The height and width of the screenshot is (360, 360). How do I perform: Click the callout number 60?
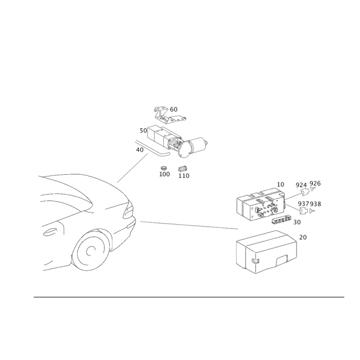click(x=174, y=109)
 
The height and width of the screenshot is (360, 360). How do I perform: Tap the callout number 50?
click(x=143, y=130)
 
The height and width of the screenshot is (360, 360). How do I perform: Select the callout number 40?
click(x=139, y=150)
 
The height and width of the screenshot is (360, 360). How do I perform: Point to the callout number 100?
click(x=164, y=174)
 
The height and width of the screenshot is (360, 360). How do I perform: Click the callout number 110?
click(x=184, y=176)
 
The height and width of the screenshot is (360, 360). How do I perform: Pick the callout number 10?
click(x=280, y=184)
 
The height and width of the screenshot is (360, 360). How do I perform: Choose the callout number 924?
click(x=301, y=185)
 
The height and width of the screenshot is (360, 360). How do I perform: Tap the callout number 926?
click(x=315, y=184)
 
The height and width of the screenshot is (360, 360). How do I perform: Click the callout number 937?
click(x=303, y=204)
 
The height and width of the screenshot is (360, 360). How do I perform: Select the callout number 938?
click(x=315, y=204)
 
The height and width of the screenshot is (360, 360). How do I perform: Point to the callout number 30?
click(x=297, y=222)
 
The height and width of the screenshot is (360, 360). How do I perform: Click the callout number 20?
click(x=303, y=238)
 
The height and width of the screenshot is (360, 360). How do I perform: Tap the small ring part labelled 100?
click(x=163, y=167)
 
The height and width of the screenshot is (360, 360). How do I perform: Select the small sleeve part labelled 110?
click(x=183, y=169)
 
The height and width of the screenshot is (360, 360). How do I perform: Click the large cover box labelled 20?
click(x=266, y=252)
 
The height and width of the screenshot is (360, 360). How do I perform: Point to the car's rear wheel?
click(x=91, y=250)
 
